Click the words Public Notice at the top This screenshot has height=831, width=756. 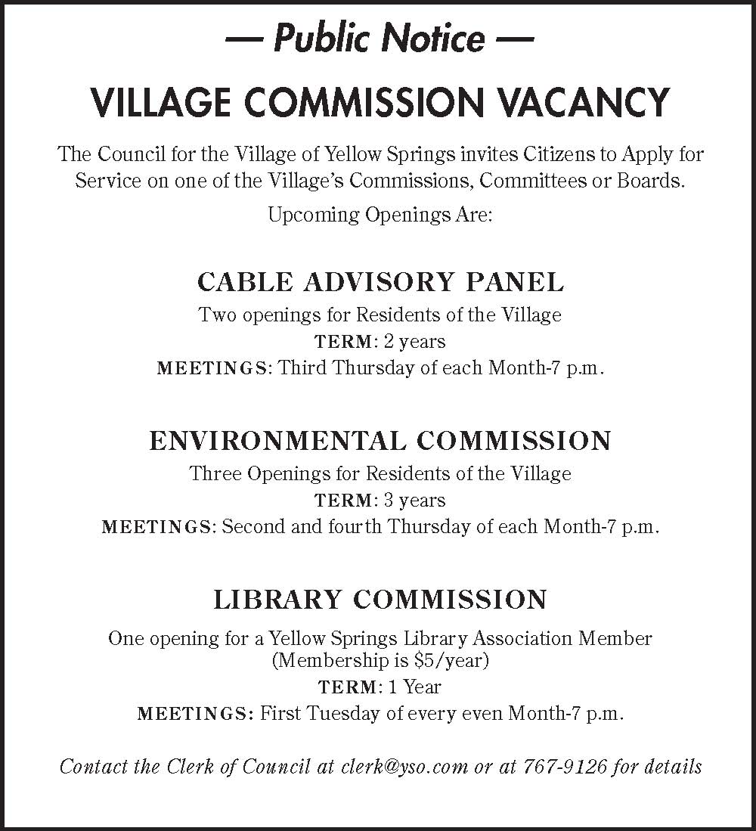point(380,38)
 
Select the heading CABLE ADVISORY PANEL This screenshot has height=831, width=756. point(380,282)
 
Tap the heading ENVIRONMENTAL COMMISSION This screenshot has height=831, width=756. point(380,441)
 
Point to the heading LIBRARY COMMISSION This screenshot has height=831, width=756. point(380,600)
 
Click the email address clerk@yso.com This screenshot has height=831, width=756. point(404,767)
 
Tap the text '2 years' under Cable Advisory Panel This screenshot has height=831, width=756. point(414,342)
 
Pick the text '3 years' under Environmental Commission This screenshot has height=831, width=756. point(414,501)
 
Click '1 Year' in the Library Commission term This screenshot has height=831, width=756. point(414,687)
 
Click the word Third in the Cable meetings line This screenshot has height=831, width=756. point(303,369)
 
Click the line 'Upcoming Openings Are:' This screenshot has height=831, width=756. point(380,215)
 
